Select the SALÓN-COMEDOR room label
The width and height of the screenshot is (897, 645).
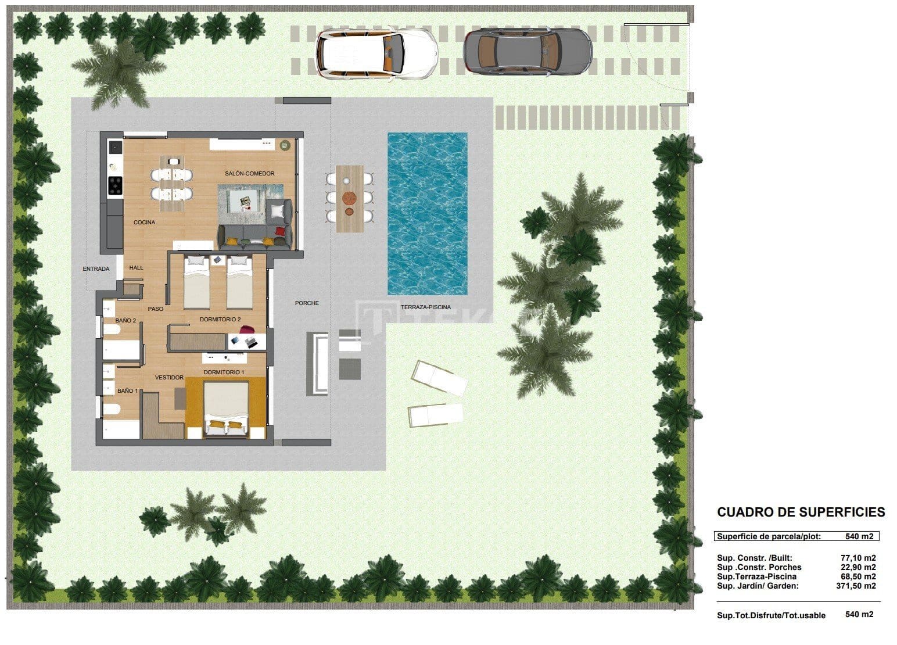click(250, 174)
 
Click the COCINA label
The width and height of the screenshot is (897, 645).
click(144, 223)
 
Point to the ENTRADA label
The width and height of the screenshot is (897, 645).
click(96, 269)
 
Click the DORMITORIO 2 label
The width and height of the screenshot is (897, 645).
click(220, 320)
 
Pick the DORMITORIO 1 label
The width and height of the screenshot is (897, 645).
click(224, 372)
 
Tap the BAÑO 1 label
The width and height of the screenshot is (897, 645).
click(127, 391)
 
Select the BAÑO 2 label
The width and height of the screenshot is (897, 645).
click(125, 321)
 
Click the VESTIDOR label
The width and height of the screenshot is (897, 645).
click(169, 378)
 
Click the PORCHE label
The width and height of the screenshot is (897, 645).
click(307, 303)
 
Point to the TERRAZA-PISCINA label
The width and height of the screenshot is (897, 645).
click(425, 307)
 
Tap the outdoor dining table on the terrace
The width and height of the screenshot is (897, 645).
click(350, 198)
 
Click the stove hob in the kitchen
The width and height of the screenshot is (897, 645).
click(116, 185)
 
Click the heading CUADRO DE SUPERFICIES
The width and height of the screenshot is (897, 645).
click(801, 513)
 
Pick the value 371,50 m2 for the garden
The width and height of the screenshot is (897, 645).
click(855, 586)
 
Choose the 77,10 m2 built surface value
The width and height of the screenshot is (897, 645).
click(857, 558)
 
